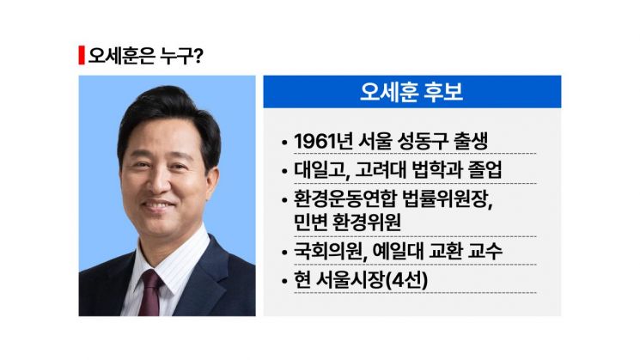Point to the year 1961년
[x=321, y=141]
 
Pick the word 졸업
[x=494, y=169]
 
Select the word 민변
[x=311, y=222]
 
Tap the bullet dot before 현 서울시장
[x=284, y=281]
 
